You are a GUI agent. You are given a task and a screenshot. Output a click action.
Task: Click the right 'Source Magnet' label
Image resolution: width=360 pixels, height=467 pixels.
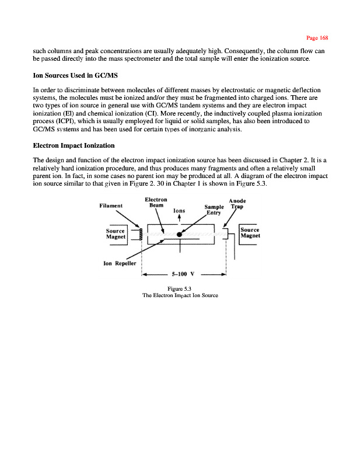click(x=250, y=233)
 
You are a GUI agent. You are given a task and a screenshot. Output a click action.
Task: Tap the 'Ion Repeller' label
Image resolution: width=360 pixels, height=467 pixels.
click(x=120, y=263)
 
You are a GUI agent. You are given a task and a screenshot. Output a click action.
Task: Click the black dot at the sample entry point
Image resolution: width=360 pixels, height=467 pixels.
click(x=180, y=235)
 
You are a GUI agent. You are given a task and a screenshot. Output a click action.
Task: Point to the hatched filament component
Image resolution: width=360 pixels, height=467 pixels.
click(x=139, y=235)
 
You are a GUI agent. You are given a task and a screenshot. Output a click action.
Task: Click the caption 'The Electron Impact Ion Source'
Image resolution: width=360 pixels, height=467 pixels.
click(x=180, y=295)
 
